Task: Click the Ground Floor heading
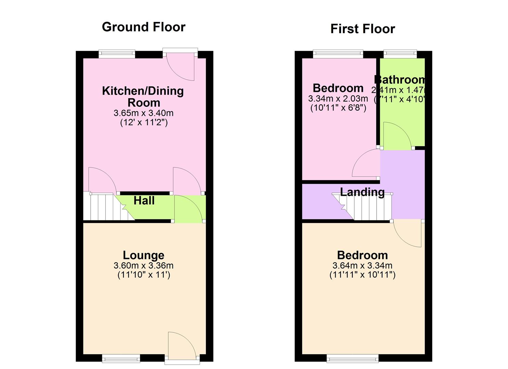coord(143,27)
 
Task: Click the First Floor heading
coord(362,29)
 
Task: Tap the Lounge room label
coord(144,255)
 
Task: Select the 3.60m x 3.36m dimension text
coord(144,265)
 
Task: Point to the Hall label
coord(144,201)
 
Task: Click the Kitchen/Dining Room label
coord(143,97)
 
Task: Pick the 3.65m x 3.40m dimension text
coord(144,113)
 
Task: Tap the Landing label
coord(362,192)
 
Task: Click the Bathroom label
coord(400,80)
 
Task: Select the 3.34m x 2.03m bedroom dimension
coord(338,99)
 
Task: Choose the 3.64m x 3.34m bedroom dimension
coord(362,265)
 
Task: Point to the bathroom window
coord(400,53)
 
